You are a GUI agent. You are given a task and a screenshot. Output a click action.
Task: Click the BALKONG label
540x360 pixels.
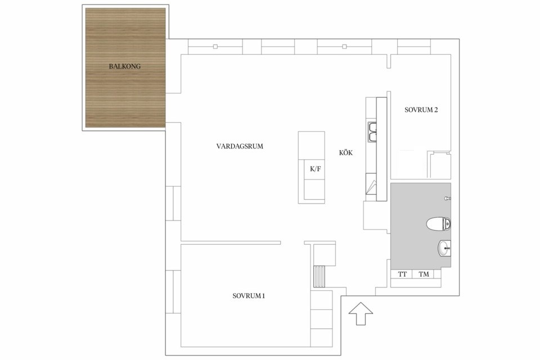(x=125, y=66)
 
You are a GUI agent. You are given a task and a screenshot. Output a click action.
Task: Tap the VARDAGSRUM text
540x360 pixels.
(x=240, y=146)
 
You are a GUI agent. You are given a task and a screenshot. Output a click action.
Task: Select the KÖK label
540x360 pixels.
(x=346, y=152)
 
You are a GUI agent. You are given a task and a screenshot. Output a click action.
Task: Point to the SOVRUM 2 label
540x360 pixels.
(x=421, y=110)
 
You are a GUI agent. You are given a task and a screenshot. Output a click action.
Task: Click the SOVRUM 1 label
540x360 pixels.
(x=249, y=295)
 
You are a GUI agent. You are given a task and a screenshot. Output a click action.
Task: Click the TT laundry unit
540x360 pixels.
(x=402, y=274)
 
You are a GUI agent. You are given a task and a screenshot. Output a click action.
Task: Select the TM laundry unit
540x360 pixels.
(x=424, y=274)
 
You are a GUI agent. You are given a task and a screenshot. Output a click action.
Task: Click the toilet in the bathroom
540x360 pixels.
(x=438, y=223)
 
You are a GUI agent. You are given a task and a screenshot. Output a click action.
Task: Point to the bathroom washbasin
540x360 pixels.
(x=444, y=248)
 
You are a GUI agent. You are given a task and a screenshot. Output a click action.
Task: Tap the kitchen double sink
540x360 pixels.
(x=372, y=132)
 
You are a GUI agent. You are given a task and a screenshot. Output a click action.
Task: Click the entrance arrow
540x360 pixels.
(x=361, y=313)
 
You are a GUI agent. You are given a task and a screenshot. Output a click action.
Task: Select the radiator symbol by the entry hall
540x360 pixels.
(x=319, y=276)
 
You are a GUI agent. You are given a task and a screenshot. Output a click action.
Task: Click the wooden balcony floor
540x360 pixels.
(x=125, y=67)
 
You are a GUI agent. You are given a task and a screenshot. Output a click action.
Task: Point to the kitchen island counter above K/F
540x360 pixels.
(x=311, y=145)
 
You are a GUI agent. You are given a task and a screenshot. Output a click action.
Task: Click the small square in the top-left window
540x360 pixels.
(x=215, y=47)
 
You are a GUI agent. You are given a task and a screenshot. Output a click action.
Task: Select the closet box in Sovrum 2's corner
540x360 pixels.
(x=439, y=165)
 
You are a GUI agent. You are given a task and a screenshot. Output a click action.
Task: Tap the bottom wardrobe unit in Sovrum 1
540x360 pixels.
(x=321, y=337)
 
